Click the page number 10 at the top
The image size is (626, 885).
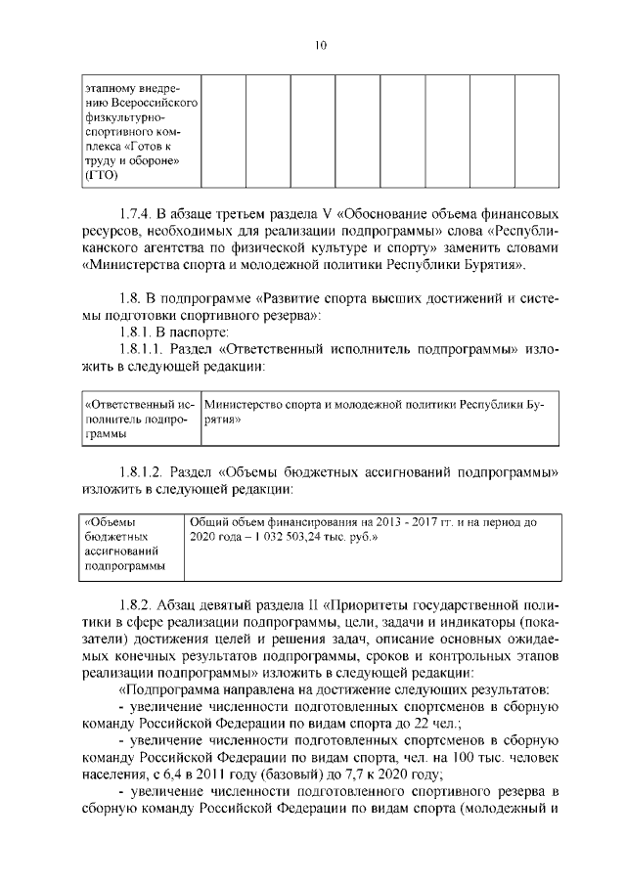(x=320, y=42)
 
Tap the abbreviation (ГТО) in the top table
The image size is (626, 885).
(x=101, y=176)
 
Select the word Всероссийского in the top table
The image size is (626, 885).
(x=143, y=103)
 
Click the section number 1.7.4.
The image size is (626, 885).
(x=138, y=213)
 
